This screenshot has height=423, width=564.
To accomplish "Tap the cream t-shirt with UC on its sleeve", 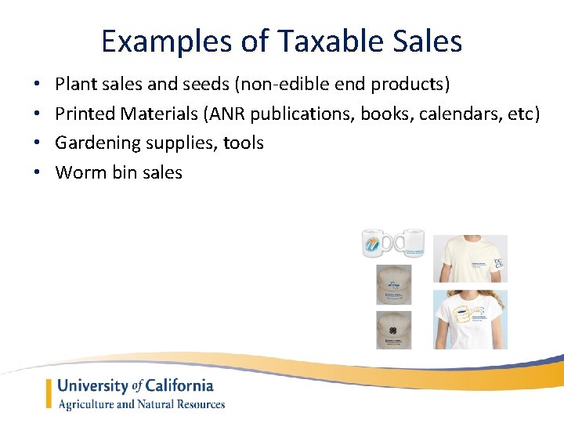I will pos(470,259).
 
